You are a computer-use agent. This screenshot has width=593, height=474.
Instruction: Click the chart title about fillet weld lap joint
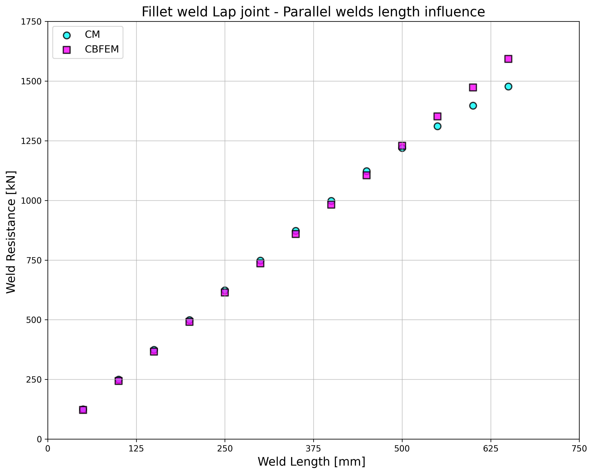tap(313, 12)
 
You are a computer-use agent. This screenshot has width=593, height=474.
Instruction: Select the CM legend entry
tap(92, 35)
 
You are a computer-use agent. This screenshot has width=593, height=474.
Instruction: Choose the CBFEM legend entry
tap(101, 49)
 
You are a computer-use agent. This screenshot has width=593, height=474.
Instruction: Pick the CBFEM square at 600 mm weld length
tap(473, 87)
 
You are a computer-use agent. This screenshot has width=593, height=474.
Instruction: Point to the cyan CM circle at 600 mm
tap(473, 106)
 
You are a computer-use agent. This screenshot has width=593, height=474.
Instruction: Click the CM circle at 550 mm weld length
tap(437, 126)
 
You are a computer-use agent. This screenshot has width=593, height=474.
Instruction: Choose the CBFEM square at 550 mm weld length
tap(437, 116)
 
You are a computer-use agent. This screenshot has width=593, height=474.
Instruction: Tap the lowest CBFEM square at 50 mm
tap(83, 410)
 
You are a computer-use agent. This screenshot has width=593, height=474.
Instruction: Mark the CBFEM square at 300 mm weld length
tap(260, 264)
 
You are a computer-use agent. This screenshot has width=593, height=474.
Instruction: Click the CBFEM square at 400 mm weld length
tap(331, 205)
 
